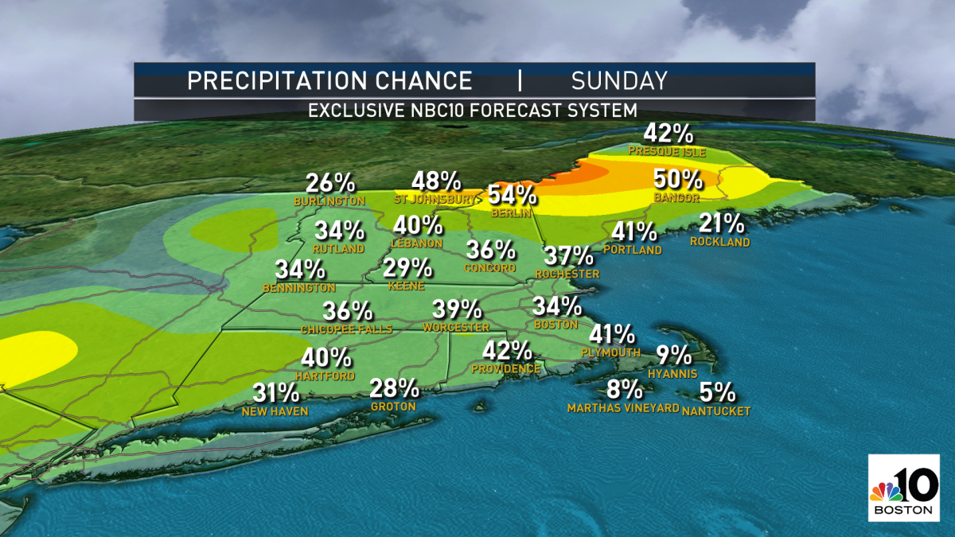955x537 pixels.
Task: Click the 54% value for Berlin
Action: (x=513, y=194)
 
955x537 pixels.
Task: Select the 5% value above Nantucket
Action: (x=717, y=392)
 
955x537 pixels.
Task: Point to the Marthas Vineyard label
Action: (x=623, y=408)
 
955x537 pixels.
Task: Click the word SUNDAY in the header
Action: (x=618, y=80)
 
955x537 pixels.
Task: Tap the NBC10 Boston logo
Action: (x=905, y=489)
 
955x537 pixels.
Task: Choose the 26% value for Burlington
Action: (x=329, y=182)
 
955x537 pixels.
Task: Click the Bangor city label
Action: (x=678, y=197)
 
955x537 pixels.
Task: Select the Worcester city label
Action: (x=456, y=328)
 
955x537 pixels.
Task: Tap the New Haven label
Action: (x=275, y=411)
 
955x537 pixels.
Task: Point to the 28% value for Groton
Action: (x=394, y=388)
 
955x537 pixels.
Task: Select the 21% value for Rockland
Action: (x=721, y=224)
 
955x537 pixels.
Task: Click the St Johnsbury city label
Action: (x=435, y=200)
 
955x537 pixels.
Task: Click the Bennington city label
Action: (x=301, y=288)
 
